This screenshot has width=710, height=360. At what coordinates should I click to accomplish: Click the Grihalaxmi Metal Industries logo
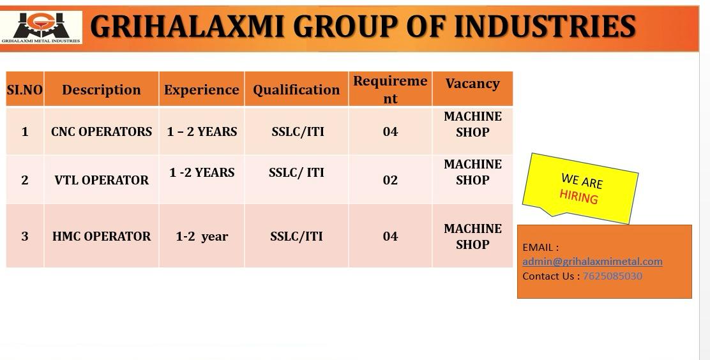point(41,27)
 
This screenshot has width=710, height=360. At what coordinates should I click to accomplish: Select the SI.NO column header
point(25,89)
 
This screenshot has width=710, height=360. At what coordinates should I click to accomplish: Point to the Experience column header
point(202,89)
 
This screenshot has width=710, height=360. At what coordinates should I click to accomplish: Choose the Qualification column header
point(297,89)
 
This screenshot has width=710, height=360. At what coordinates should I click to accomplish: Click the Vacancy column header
point(472,84)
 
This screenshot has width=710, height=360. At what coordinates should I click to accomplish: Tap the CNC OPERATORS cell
point(102,131)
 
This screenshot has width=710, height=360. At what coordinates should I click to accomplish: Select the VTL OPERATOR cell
point(102,180)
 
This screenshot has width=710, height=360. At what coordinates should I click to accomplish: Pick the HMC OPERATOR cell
point(102,236)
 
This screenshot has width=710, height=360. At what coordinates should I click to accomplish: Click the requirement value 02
point(390,180)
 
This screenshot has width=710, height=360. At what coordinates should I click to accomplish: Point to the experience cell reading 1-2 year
point(202,236)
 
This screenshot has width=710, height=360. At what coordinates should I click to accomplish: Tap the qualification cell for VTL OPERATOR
point(297,172)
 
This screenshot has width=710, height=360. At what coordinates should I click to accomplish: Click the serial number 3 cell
point(25,236)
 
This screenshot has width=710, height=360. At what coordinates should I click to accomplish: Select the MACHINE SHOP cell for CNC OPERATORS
point(472,124)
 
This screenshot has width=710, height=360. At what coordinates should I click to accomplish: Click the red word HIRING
point(578,197)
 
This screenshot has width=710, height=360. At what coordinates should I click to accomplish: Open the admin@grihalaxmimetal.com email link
point(593,261)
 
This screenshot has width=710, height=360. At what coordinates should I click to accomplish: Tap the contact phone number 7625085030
point(612,276)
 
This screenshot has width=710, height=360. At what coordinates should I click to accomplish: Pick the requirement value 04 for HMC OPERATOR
point(390,236)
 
